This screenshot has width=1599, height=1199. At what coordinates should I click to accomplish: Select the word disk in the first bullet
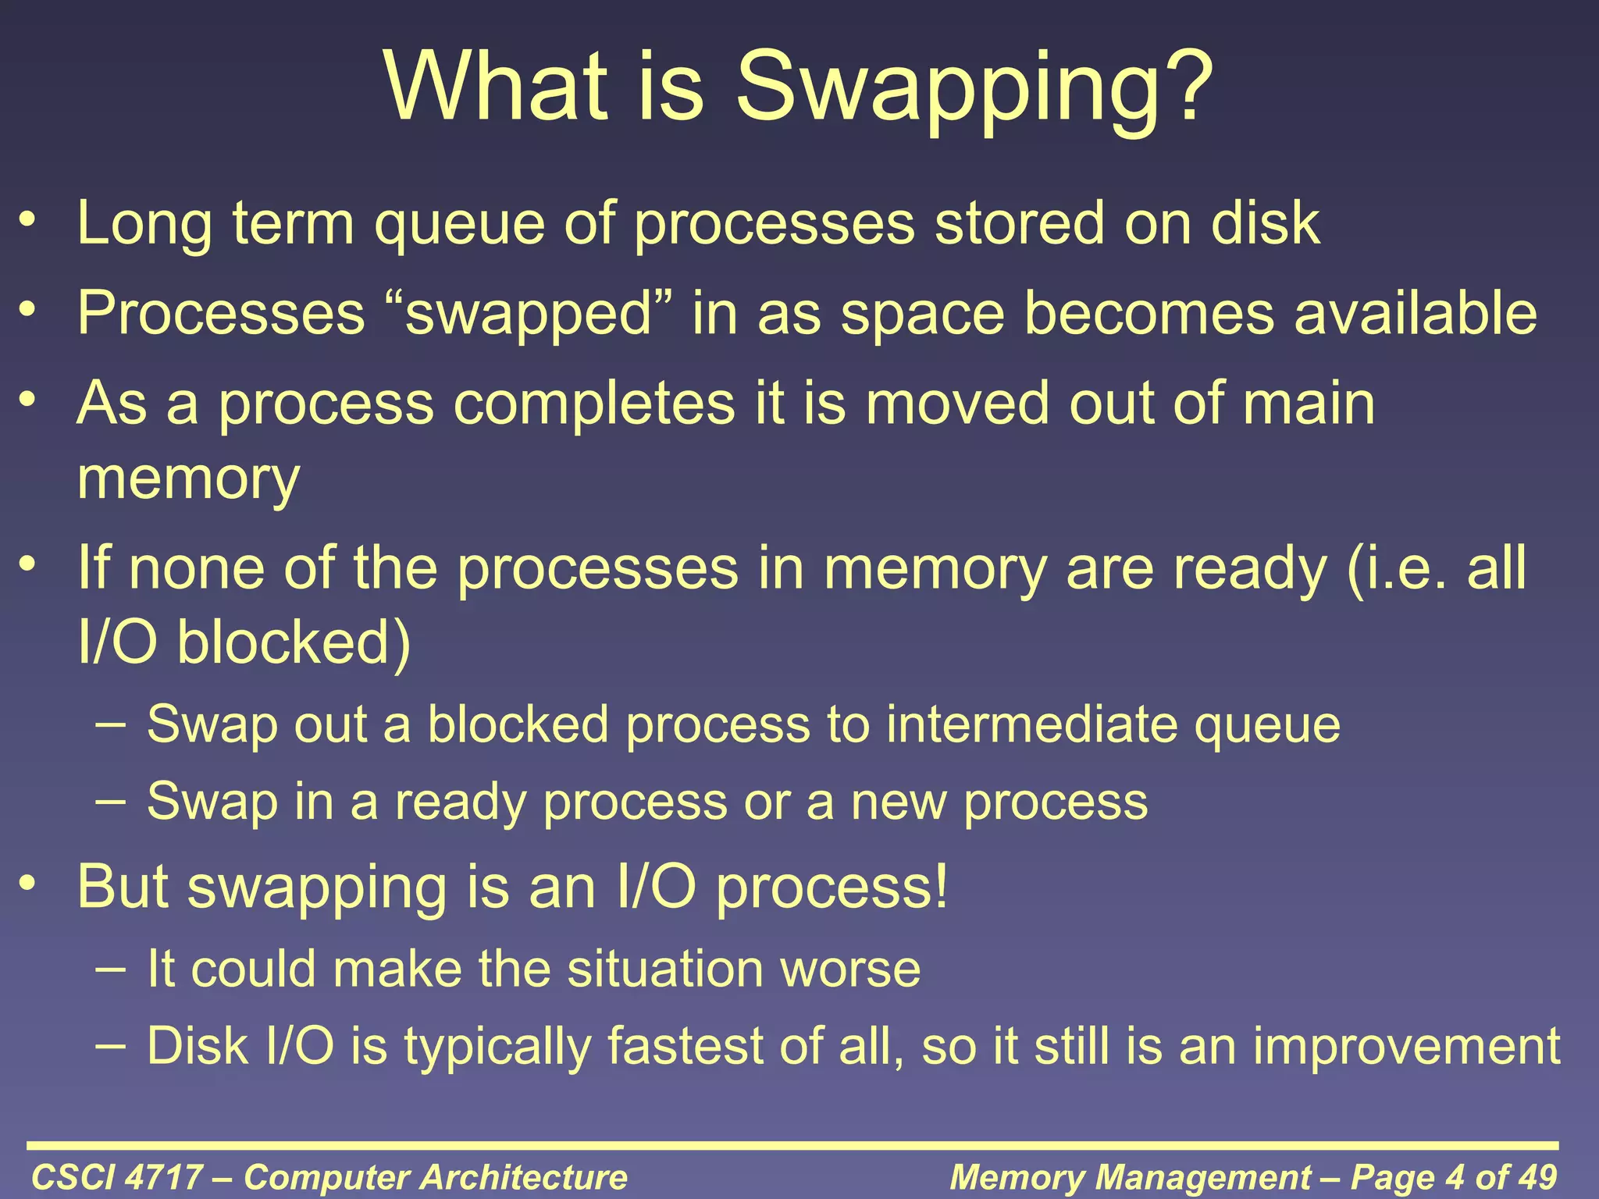(1265, 223)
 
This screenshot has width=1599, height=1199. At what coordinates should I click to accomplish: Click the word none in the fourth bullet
(197, 568)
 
